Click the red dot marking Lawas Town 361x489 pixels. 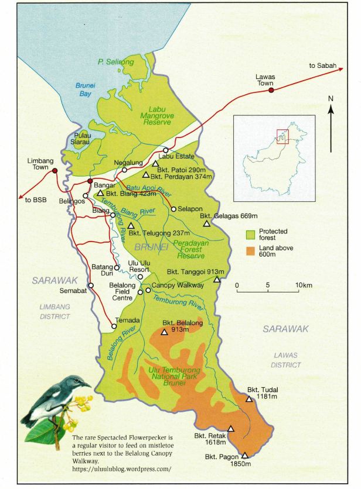(x=271, y=90)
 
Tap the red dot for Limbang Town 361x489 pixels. (x=55, y=171)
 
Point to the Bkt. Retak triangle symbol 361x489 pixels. (x=231, y=428)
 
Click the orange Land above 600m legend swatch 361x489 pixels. (x=250, y=250)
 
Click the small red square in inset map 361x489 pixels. (x=282, y=136)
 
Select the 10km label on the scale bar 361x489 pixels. (x=304, y=285)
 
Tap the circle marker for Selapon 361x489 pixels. (x=173, y=209)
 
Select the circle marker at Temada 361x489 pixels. (x=114, y=326)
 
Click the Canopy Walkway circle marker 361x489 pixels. (x=148, y=290)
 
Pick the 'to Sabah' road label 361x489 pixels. (x=323, y=66)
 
